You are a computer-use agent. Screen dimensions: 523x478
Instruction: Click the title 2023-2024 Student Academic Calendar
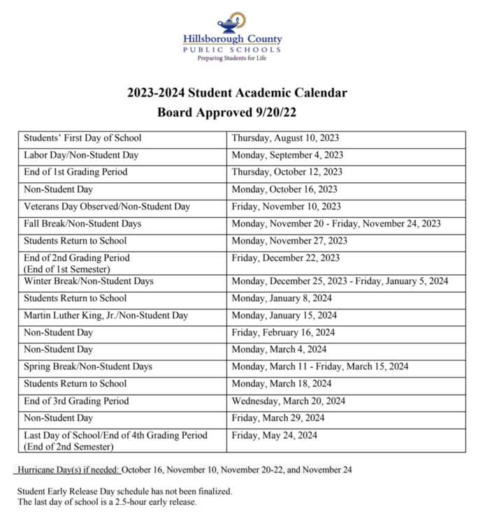point(237,93)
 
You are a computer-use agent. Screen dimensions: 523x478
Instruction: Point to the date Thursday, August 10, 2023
point(285,138)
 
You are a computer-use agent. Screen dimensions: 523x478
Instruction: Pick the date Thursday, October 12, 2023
point(287,172)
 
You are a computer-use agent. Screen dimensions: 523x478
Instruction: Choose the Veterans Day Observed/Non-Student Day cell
point(107,207)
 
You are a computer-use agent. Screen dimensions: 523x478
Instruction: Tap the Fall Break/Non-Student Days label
point(82,223)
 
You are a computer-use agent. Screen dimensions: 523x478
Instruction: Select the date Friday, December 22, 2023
point(285,258)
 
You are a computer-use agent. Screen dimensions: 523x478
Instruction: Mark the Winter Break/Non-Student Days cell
point(89,281)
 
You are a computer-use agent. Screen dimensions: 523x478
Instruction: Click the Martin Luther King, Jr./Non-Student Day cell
point(106,315)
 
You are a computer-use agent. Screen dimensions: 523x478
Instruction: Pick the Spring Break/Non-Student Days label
point(88,367)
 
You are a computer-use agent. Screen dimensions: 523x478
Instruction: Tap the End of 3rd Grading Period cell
point(76,401)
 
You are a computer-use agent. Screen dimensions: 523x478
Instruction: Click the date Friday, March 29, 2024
point(278,418)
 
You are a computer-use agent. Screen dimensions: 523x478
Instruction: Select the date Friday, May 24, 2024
point(274,435)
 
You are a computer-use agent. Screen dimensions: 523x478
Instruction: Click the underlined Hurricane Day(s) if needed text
point(68,470)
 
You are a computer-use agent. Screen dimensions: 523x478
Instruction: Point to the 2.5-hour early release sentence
point(107,502)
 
